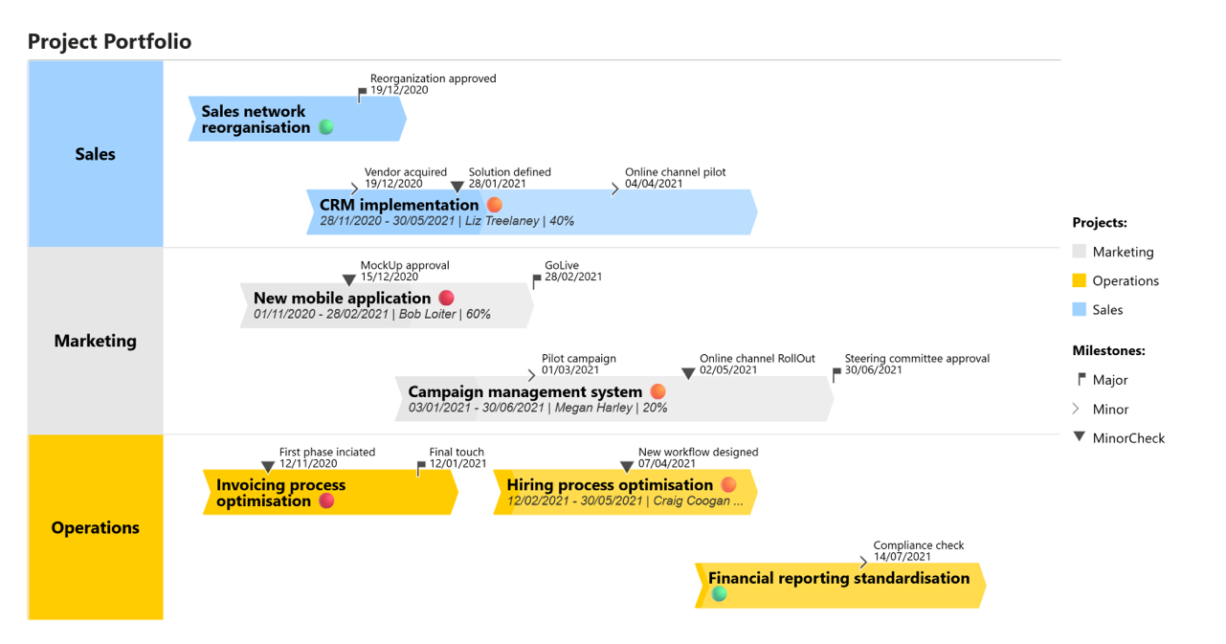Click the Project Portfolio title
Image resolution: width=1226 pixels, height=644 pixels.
coord(109,41)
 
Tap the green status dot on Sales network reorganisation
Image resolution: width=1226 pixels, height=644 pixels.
coord(326,127)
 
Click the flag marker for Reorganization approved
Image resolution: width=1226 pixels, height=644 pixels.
coord(362,94)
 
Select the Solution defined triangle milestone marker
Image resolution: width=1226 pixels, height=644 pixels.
coord(457,187)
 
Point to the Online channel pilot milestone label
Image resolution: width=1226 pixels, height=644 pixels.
coord(675,178)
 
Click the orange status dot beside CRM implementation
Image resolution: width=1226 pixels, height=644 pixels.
coord(494,205)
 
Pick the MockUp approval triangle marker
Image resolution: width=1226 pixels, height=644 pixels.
coord(349,280)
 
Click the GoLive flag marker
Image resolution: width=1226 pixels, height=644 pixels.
coord(536,281)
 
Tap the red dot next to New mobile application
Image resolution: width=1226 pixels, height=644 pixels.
coord(446,298)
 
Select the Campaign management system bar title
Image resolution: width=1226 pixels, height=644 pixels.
coord(524,391)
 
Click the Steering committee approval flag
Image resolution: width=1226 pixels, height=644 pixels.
coord(836,374)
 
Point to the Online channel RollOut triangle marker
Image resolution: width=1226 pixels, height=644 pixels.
coord(688,373)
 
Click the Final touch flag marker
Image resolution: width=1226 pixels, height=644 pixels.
coord(421,468)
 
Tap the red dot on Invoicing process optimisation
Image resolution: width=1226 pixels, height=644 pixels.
coord(326,500)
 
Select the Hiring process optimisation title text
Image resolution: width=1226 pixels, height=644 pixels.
coord(610,485)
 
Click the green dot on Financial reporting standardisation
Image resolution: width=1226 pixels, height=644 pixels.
coord(720,594)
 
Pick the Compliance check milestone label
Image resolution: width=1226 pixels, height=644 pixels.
coord(918,551)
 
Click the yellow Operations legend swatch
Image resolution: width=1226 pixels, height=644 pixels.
coord(1079,280)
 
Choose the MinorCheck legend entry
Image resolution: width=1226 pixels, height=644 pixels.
coord(1128,438)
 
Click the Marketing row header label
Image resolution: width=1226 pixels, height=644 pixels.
coord(95,341)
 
